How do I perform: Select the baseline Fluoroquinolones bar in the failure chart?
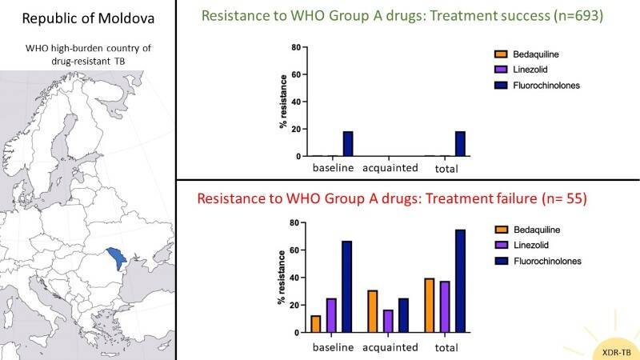346,286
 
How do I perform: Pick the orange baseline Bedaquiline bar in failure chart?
315,323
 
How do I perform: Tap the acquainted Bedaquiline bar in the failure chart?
373,311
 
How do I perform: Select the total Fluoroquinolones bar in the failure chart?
459,281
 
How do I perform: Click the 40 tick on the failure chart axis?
294,278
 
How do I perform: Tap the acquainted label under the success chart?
391,170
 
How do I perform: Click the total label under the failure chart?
446,347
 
